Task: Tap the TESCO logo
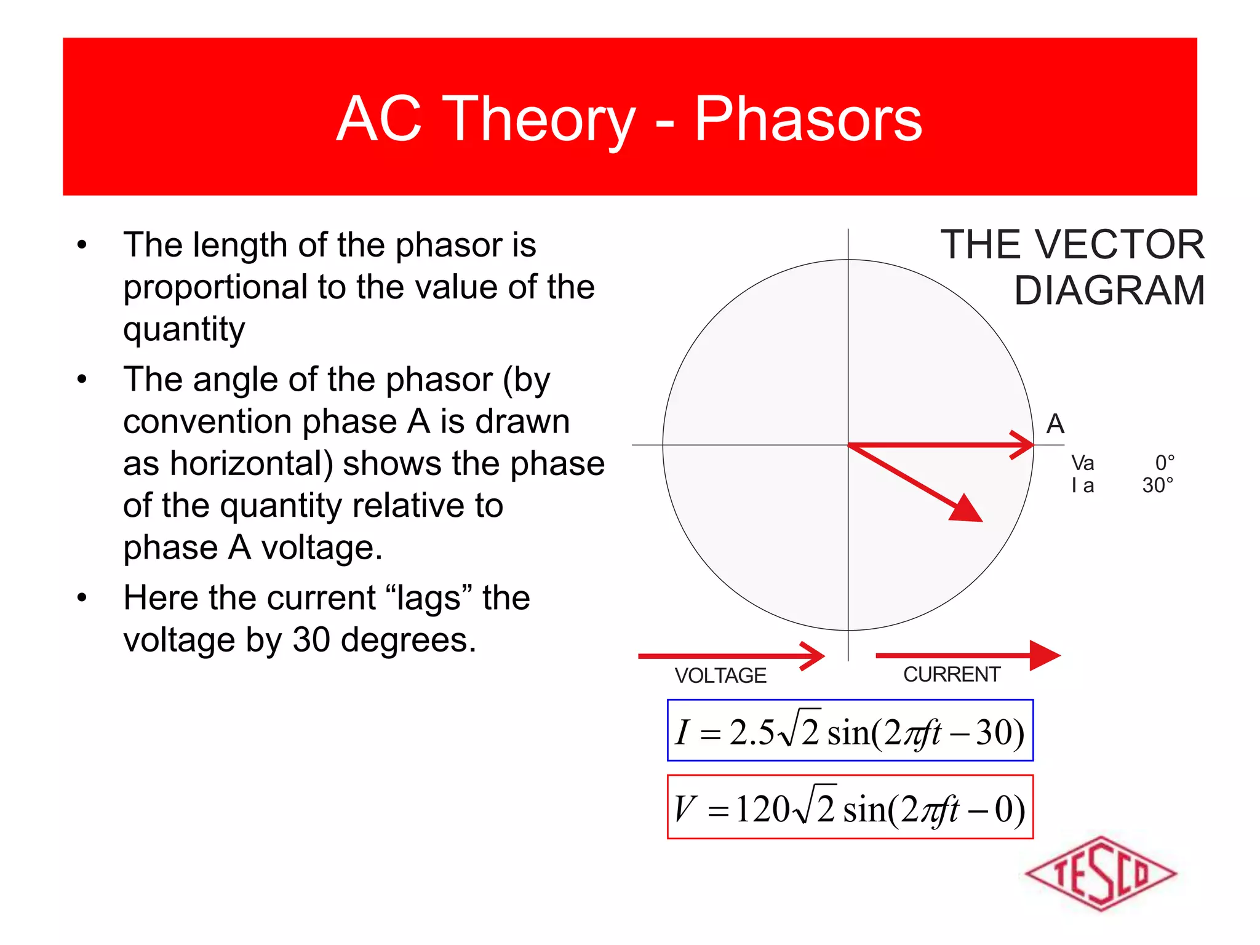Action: (1101, 873)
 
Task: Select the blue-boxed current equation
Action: (850, 731)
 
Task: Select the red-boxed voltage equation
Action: (850, 807)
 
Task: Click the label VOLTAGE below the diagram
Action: (720, 676)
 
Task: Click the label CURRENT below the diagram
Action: (951, 674)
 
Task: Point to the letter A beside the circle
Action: (1055, 424)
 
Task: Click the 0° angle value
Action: (1164, 463)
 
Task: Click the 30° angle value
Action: (1157, 485)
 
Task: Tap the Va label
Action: (1082, 463)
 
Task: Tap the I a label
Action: (1082, 485)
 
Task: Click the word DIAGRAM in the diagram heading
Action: (1109, 290)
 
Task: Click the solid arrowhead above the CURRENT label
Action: (1043, 655)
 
